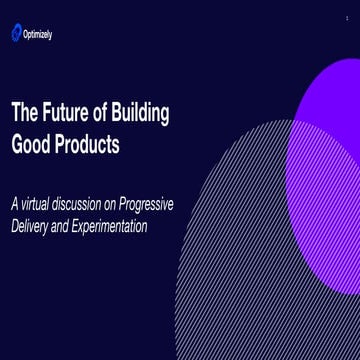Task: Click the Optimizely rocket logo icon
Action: [x=16, y=34]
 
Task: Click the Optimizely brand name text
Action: [x=38, y=35]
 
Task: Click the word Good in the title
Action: [x=30, y=144]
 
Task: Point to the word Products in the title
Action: [x=87, y=144]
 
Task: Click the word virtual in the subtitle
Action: [x=42, y=205]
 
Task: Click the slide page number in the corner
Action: [x=347, y=18]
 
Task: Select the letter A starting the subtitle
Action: [x=14, y=205]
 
